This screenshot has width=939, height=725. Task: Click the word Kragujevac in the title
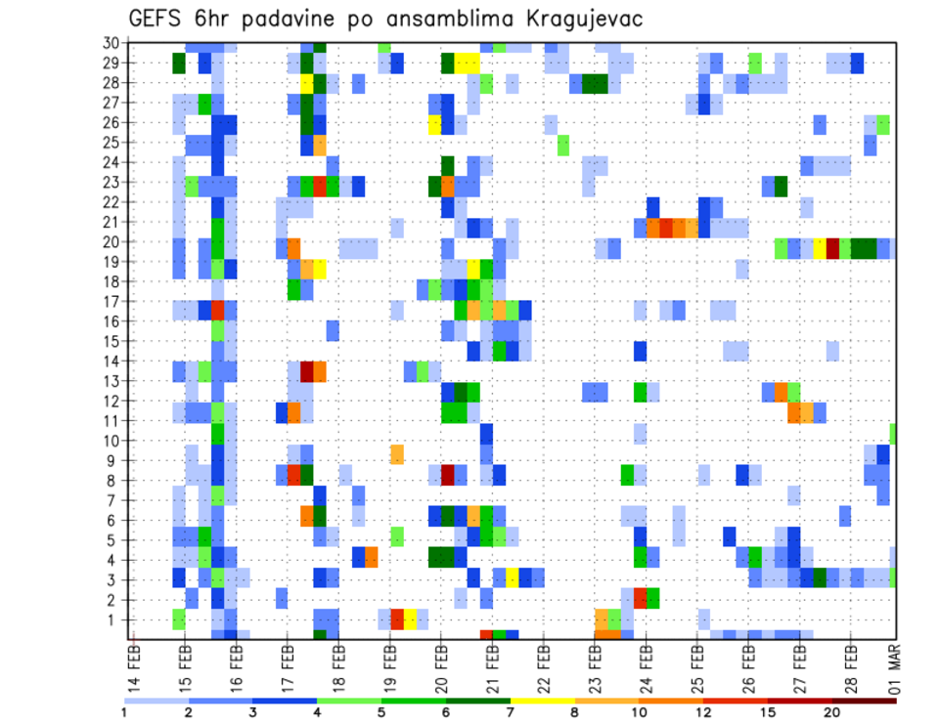point(578,20)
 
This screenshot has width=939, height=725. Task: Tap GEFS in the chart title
point(156,20)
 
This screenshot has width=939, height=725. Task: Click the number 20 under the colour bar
point(832,711)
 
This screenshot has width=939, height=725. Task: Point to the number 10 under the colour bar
point(640,711)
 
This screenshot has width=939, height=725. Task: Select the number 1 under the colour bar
point(124,711)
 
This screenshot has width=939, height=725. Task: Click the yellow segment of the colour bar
point(543,700)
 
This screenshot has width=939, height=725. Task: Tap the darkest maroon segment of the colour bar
point(865,700)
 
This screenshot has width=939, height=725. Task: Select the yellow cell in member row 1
point(410,618)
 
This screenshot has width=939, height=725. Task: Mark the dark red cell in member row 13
point(307,371)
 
